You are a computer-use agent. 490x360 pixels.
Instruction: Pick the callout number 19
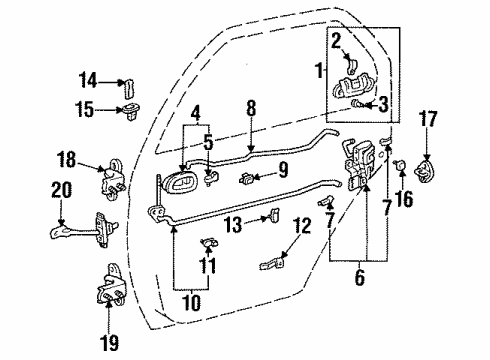(110, 344)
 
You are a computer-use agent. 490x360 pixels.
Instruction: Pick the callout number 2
(336, 40)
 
